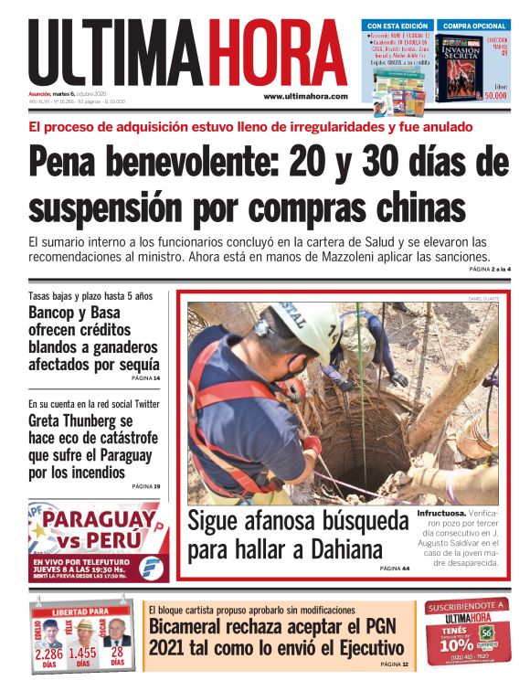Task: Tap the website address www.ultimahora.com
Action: pos(305,96)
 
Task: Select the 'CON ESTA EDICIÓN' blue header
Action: pos(394,25)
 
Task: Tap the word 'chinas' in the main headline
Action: pos(414,206)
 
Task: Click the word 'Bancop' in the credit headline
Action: pos(54,313)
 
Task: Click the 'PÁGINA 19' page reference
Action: pos(145,486)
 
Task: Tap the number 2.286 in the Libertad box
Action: pos(49,654)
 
